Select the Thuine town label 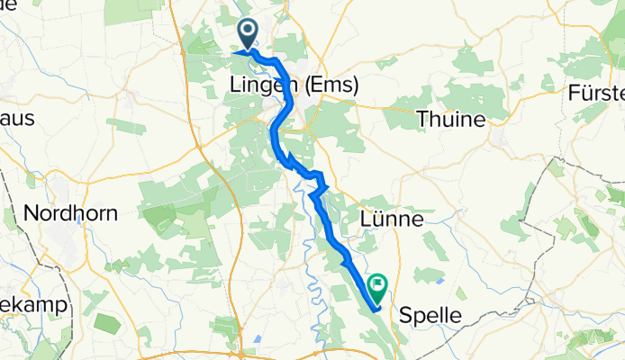[x=450, y=119]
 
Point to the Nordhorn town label [x=70, y=214]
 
